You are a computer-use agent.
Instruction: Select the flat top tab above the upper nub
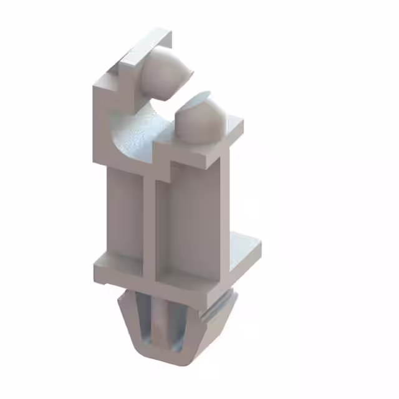145,45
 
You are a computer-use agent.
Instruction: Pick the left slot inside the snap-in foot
145,321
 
